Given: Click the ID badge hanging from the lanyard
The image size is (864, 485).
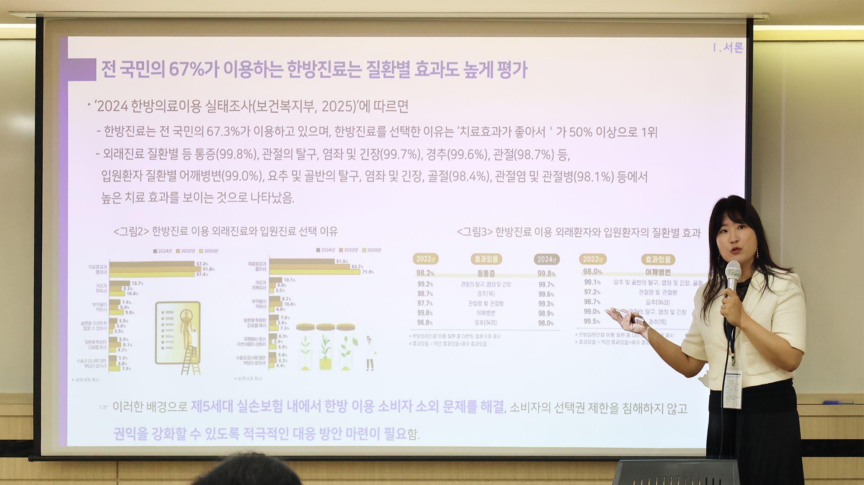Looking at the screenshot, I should [x=733, y=389].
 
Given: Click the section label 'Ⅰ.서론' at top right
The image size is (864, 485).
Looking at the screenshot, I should [x=728, y=48].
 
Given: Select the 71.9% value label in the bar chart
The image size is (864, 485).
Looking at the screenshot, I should [x=368, y=272].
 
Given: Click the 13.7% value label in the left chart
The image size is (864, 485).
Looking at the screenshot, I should [x=137, y=283].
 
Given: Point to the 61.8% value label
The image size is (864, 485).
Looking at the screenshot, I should [x=209, y=269].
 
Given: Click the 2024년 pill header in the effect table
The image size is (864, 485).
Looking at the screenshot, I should [x=546, y=259].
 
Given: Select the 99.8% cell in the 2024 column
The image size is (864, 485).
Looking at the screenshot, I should [x=546, y=274].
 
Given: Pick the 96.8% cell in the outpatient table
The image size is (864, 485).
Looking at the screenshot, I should [x=425, y=322].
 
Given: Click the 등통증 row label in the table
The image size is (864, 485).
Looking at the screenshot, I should [x=486, y=274].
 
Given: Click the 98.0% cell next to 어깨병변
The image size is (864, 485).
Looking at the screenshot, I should [x=592, y=272].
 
